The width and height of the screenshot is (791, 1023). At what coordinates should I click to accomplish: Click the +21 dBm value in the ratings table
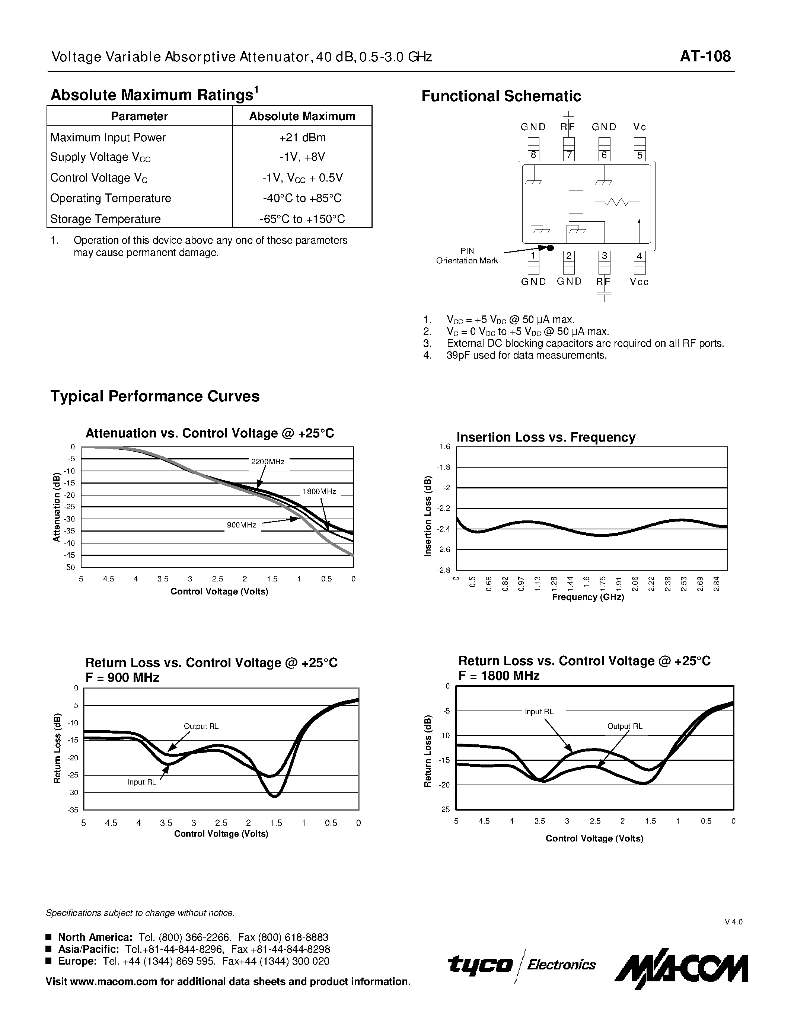click(x=302, y=137)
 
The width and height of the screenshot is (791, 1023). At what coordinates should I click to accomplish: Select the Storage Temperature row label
click(x=105, y=219)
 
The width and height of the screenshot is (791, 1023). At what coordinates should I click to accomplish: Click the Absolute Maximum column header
click(x=302, y=116)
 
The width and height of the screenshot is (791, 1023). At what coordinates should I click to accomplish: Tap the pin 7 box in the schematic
click(x=569, y=155)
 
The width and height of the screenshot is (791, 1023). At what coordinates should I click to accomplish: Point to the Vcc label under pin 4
click(x=639, y=282)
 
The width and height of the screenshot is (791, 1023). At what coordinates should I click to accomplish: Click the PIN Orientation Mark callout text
click(x=467, y=256)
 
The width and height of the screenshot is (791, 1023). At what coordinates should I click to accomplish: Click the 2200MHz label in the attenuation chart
click(x=268, y=461)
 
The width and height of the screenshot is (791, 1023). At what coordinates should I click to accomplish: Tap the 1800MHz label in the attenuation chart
click(x=319, y=491)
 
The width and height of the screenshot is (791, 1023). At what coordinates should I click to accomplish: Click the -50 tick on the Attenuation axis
click(x=69, y=567)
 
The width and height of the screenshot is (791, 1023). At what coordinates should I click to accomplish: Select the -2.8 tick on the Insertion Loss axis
click(x=443, y=570)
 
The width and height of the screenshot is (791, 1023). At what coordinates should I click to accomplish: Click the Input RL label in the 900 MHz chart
click(x=142, y=782)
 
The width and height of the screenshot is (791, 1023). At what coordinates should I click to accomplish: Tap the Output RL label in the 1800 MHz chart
click(x=625, y=726)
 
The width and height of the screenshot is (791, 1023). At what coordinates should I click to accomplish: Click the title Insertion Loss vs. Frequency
click(x=546, y=437)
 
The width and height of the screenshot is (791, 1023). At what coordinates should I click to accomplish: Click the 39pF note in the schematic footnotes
click(x=526, y=355)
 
